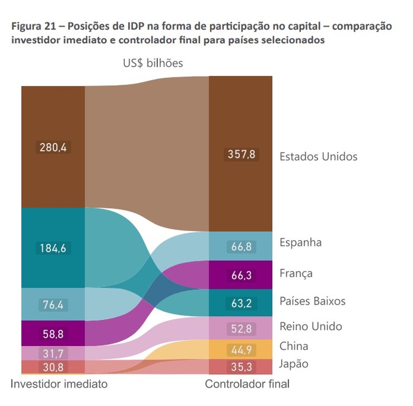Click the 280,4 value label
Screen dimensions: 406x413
[53, 147]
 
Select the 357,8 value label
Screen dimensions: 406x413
[242, 154]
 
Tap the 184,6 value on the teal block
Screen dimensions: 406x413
[53, 248]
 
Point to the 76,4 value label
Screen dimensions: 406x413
[53, 305]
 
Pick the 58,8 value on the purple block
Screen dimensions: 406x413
[53, 334]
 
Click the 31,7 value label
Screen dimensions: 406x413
[53, 354]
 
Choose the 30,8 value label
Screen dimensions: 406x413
[53, 367]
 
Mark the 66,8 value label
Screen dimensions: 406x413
[242, 247]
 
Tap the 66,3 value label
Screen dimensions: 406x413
[242, 275]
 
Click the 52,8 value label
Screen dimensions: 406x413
[242, 329]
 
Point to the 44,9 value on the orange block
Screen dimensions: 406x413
[242, 350]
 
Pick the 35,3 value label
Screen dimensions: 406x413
[242, 367]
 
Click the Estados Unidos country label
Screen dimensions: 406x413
[318, 157]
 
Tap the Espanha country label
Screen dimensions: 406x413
[300, 242]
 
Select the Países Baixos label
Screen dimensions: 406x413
[312, 301]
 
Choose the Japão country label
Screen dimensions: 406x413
[294, 364]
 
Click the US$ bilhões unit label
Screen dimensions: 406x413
[153, 63]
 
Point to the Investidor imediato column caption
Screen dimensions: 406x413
[59, 384]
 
